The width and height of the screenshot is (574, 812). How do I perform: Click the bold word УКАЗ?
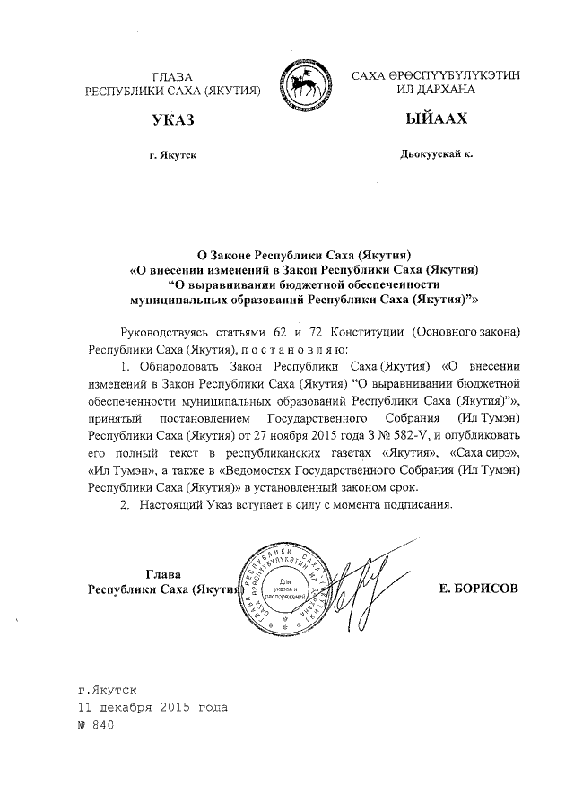pyautogui.click(x=173, y=120)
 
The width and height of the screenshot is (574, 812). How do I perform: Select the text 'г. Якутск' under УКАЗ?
pyautogui.click(x=173, y=155)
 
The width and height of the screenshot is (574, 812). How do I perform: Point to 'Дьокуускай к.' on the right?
pyautogui.click(x=436, y=154)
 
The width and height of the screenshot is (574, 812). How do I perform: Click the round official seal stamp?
pyautogui.click(x=284, y=588)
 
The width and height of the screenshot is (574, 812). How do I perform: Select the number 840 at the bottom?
pyautogui.click(x=105, y=725)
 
